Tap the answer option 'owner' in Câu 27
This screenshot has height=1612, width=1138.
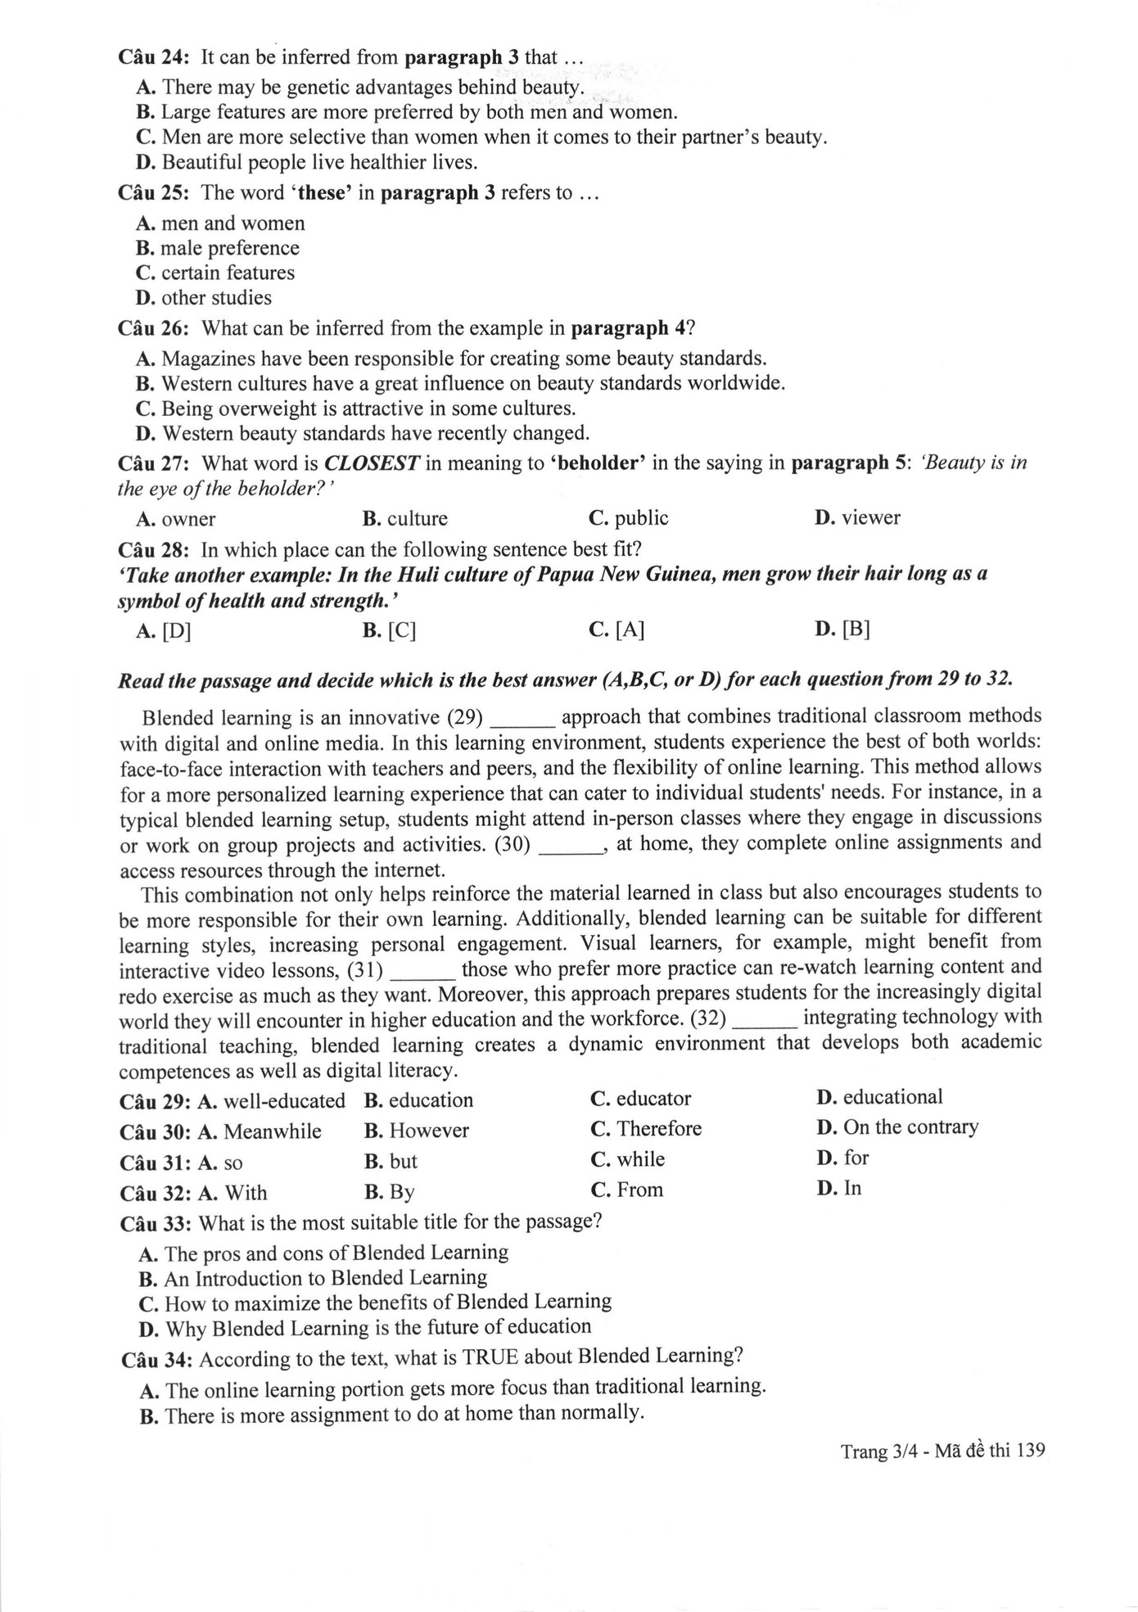pos(188,519)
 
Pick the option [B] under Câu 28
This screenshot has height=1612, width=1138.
pos(855,629)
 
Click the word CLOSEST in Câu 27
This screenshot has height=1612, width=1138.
pos(373,463)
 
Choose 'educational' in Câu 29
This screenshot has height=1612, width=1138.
pos(892,1097)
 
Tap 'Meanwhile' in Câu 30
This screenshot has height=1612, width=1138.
pos(272,1131)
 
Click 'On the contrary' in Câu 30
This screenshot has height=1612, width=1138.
pos(910,1127)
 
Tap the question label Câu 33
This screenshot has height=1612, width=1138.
pos(156,1224)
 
